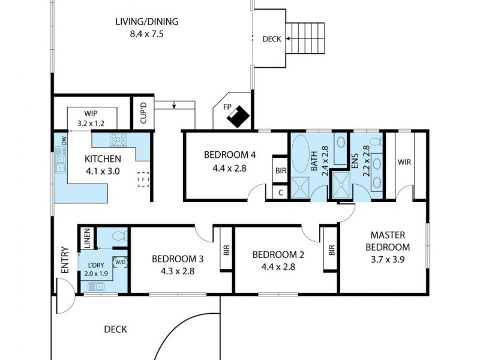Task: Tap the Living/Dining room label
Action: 147,22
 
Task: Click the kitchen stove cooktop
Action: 118,140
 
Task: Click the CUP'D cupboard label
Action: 143,113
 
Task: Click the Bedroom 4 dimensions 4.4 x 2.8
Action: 230,168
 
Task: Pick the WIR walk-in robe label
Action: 404,162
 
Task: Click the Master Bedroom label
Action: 390,241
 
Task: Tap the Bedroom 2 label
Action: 278,254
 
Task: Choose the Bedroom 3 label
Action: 178,259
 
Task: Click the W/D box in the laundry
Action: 121,262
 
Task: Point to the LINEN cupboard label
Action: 86,238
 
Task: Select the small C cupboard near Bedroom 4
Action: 281,193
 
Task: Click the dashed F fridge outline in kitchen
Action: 143,179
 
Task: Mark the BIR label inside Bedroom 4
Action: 281,170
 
